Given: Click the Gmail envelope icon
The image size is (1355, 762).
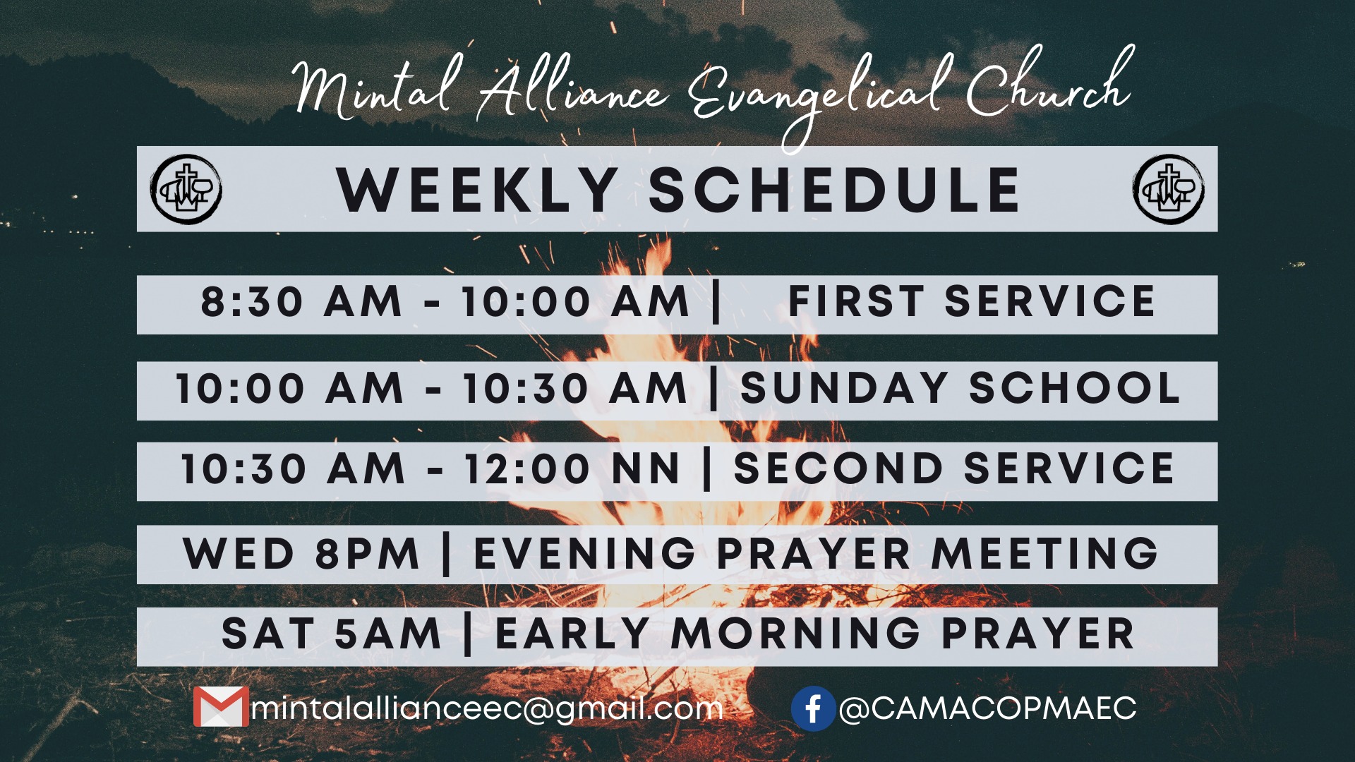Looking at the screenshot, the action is (x=221, y=706).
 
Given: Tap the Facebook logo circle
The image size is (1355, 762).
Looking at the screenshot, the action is (x=813, y=708).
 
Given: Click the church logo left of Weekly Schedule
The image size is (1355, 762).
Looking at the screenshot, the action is (x=186, y=189).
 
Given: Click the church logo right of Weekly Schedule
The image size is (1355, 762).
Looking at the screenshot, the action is (x=1169, y=189).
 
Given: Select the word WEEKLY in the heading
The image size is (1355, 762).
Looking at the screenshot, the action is (x=478, y=190).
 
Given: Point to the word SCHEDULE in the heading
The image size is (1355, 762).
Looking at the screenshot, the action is (x=834, y=190).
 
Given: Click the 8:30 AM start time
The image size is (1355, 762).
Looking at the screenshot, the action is (x=301, y=302).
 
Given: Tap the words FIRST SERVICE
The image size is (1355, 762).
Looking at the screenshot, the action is (x=971, y=301).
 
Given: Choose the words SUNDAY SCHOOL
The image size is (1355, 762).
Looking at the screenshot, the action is (x=960, y=388).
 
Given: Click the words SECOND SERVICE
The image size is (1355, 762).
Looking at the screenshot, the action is (x=954, y=468).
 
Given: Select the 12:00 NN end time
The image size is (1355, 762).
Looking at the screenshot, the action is (x=572, y=469).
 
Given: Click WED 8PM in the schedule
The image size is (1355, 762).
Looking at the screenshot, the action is (x=301, y=553).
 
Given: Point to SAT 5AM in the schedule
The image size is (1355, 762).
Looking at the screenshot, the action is (x=332, y=633).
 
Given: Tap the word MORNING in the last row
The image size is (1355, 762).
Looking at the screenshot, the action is (x=795, y=633).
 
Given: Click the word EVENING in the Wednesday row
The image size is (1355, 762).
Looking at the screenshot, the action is (x=585, y=553).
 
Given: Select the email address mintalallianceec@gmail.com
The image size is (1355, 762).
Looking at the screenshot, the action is (x=487, y=708).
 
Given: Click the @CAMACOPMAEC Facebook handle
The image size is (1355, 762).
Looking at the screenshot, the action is (x=987, y=708).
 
